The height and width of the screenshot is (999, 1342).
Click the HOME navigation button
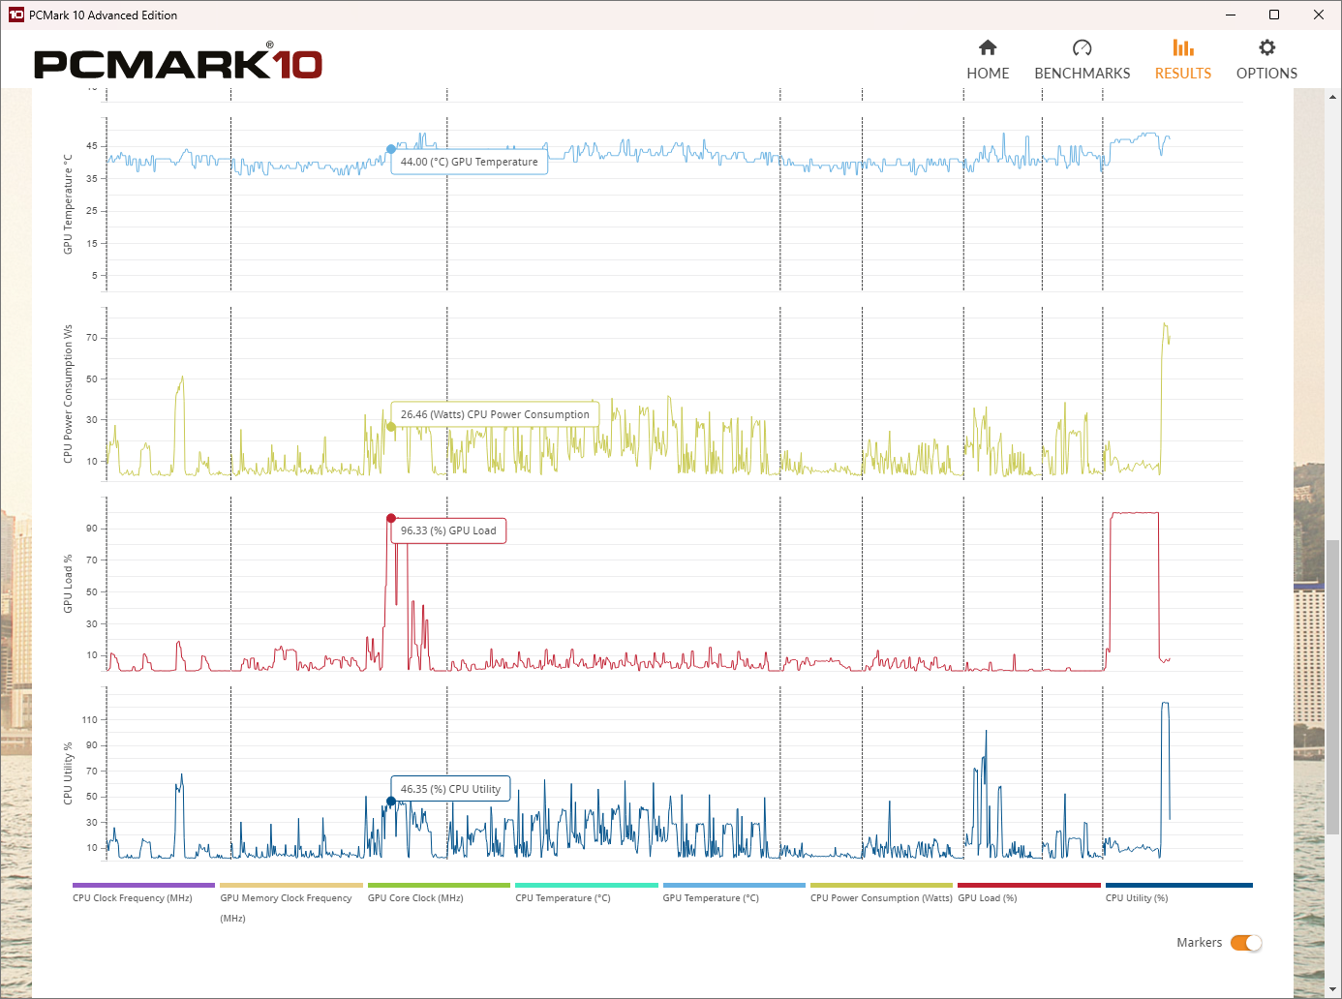point(988,60)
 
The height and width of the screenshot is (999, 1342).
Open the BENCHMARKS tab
point(1082,60)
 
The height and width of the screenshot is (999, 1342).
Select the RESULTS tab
point(1182,60)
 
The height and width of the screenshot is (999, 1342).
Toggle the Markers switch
point(1246,943)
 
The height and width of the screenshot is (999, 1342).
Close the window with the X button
point(1318,15)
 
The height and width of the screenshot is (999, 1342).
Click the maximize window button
point(1274,15)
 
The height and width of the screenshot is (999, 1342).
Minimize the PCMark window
point(1231,15)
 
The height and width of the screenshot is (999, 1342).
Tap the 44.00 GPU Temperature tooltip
point(470,162)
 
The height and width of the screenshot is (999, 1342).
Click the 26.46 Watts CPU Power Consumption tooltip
point(495,414)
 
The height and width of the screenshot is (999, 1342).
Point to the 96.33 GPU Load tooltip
point(448,530)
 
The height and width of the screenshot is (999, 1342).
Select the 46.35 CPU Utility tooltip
point(450,789)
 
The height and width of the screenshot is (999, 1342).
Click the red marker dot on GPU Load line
point(391,519)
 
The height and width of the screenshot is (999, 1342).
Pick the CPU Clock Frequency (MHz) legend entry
point(133,897)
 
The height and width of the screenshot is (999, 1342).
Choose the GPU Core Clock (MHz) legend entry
point(415,897)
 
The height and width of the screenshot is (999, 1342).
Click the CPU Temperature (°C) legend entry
point(563,897)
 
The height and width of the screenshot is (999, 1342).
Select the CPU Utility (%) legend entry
point(1137,897)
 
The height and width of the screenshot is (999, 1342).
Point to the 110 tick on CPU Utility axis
point(90,720)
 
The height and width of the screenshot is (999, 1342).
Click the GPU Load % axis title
point(68,584)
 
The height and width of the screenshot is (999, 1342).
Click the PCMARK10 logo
point(178,64)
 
